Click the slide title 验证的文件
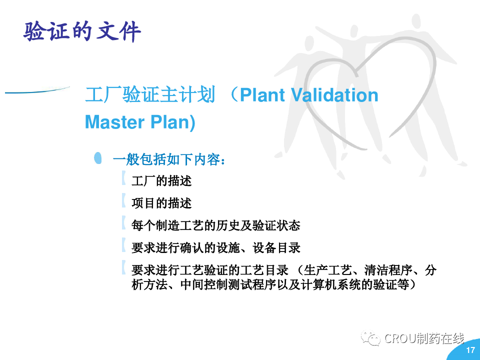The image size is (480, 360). tap(82, 31)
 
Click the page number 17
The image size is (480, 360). tap(470, 350)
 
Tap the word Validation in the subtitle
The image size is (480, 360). tap(334, 94)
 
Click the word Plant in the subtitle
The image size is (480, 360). tap(262, 94)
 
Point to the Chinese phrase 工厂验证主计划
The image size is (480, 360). tap(150, 94)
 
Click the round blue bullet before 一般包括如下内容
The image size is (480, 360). tap(98, 158)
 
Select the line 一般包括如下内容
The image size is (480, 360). tap(169, 159)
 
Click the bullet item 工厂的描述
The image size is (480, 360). tap(161, 181)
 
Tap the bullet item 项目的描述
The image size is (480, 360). tap(161, 203)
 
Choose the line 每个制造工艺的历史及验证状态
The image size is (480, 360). tap(216, 225)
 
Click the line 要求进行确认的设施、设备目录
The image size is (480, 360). tap(216, 248)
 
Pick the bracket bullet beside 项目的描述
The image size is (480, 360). tap(123, 200)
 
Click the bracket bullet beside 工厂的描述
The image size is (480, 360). tap(123, 178)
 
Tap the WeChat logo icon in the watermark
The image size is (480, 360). tap(370, 338)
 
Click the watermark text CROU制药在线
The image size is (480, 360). tap(424, 338)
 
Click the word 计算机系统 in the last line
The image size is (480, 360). tap(330, 284)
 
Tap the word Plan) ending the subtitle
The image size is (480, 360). tap(172, 122)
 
